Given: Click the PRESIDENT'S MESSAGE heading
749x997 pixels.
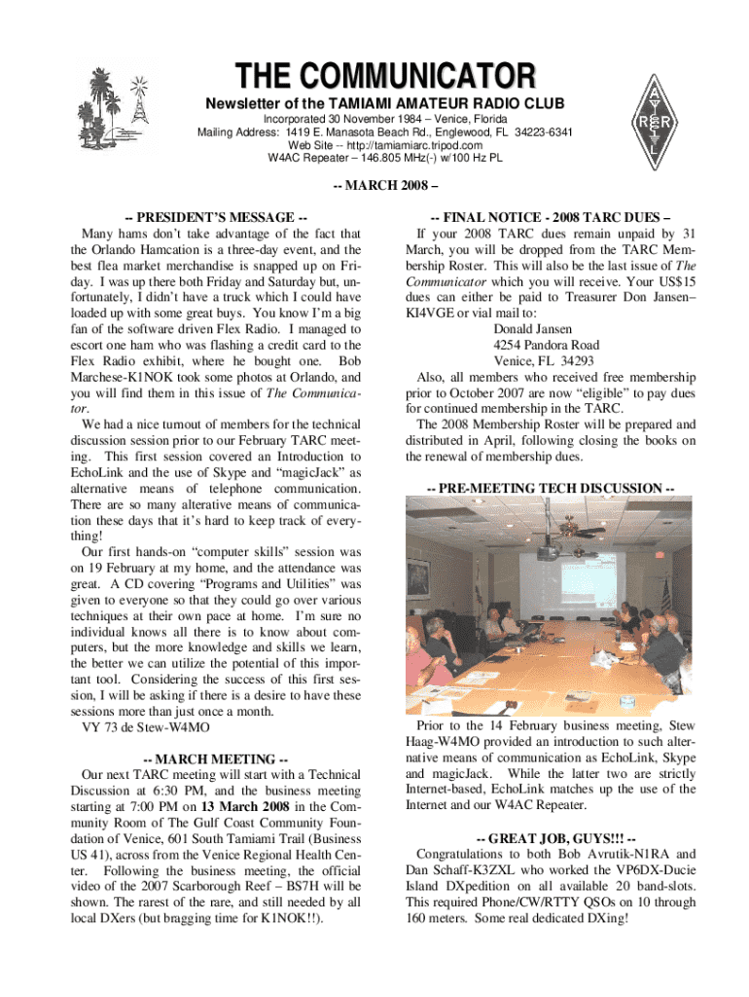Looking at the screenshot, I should pyautogui.click(x=217, y=216).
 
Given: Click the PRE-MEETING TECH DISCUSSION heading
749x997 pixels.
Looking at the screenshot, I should pyautogui.click(x=551, y=487).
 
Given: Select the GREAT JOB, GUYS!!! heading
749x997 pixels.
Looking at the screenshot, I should pyautogui.click(x=551, y=839).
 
